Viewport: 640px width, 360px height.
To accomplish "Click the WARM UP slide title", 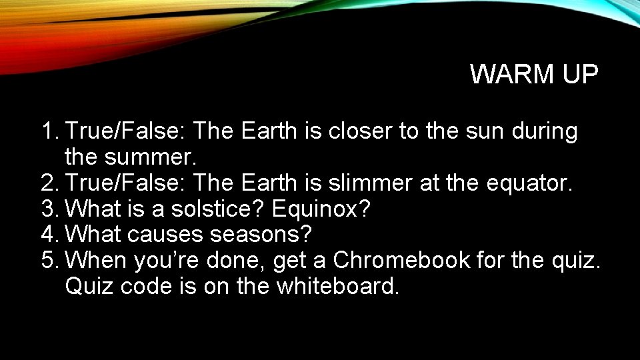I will [534, 75].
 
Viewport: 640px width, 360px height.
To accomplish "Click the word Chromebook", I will [401, 261].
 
